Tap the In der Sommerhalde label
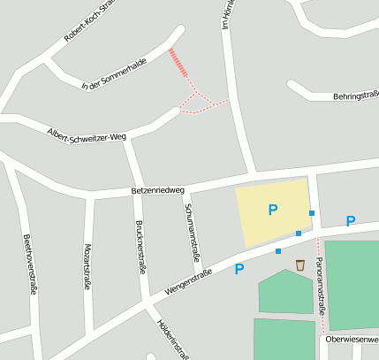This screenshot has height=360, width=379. pos(113,74)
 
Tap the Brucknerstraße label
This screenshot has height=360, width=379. pos(139,247)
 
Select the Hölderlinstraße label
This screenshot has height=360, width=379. pos(173,339)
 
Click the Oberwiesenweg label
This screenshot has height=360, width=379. pos(352,339)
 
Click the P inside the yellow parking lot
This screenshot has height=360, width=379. pos(273,210)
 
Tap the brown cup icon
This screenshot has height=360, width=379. pos(300,264)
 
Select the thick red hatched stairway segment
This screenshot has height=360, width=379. pos(178,63)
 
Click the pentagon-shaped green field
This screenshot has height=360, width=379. pos(285,292)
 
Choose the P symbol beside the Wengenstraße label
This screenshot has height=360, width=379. pos(239,269)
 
